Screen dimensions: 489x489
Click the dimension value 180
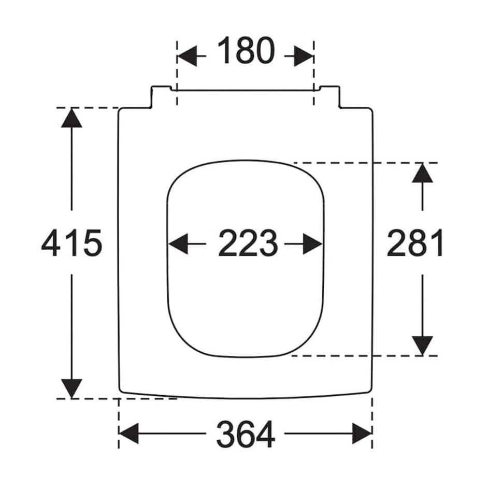click(x=246, y=51)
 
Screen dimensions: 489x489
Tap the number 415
click(x=71, y=243)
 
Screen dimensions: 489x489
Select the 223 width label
click(x=248, y=243)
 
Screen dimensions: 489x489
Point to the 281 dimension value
click(x=415, y=243)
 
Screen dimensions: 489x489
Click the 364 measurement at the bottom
click(x=246, y=435)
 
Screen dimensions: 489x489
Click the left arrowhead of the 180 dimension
click(x=187, y=56)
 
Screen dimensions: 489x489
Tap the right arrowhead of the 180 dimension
click(x=304, y=56)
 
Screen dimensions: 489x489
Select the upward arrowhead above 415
click(x=71, y=118)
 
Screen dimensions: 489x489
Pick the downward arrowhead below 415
click(x=71, y=389)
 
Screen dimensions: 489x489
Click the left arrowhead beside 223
click(x=178, y=243)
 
